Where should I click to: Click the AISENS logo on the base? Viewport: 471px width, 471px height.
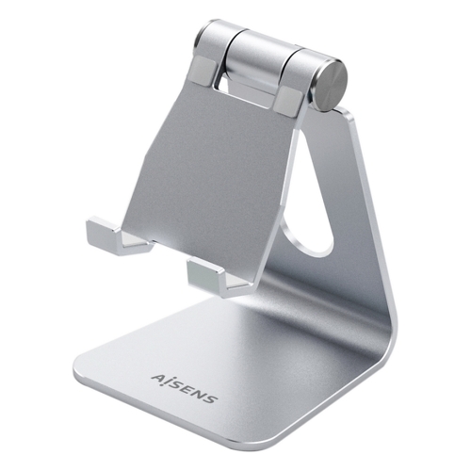(185, 388)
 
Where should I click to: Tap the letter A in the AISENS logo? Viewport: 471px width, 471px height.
(158, 378)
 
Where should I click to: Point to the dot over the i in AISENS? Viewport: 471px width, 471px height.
(167, 376)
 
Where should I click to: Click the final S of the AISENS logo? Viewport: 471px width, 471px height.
(211, 398)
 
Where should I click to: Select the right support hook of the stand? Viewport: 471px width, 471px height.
(217, 276)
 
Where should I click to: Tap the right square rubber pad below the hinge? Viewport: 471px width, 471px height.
(289, 101)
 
